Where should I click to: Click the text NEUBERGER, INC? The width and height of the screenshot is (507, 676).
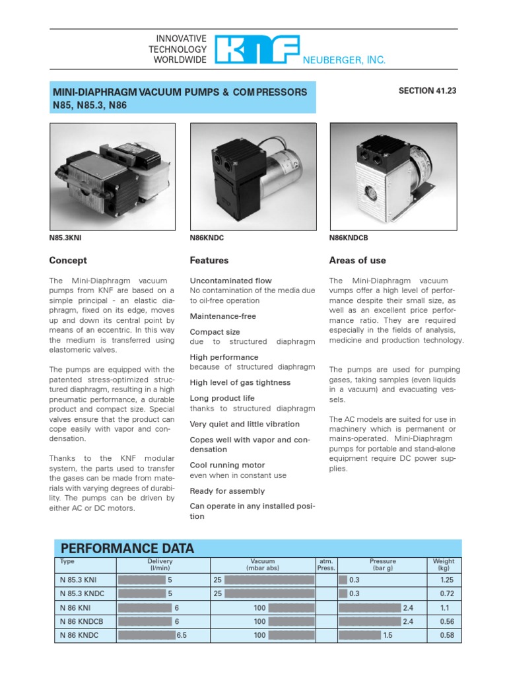[344, 60]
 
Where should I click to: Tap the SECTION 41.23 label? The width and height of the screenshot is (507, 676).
[427, 91]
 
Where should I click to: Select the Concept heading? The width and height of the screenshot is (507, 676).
[68, 260]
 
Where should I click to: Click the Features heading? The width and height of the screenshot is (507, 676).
[209, 260]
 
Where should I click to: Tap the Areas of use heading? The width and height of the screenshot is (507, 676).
[357, 260]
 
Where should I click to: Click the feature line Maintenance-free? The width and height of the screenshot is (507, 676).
[222, 316]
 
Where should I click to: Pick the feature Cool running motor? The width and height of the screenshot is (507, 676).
[227, 465]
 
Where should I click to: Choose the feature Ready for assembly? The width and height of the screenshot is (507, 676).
[227, 491]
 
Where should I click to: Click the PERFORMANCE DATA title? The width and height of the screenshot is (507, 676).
[127, 549]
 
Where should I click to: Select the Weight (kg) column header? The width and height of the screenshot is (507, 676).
[443, 564]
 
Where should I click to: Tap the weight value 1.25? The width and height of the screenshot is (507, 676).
[447, 579]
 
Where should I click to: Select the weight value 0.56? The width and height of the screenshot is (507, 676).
[447, 621]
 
